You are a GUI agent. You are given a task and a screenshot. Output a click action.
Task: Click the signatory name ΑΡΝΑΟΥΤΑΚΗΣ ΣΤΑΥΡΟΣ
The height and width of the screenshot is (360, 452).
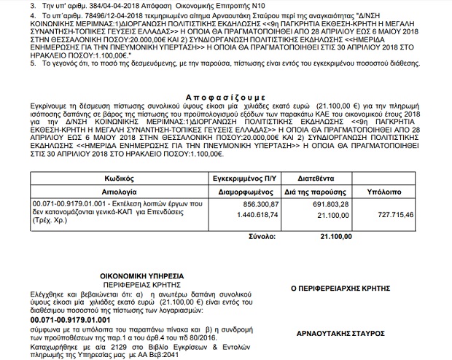pos(337,333)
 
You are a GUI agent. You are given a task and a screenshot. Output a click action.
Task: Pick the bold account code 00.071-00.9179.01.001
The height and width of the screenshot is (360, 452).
pos(70,319)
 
